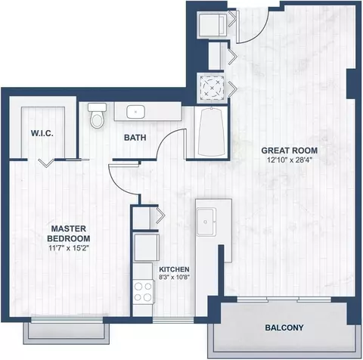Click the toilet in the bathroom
[97, 115]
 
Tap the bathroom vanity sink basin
[135, 112]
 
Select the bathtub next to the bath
[211, 133]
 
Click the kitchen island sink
[206, 222]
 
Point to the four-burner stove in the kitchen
[143, 291]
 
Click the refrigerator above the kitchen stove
[146, 248]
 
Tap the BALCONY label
[284, 327]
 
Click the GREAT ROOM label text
[290, 151]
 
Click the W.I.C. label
[42, 133]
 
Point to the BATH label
[135, 138]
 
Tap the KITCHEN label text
[174, 269]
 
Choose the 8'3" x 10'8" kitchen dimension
[174, 278]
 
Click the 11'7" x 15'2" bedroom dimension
[69, 248]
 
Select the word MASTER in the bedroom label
[69, 228]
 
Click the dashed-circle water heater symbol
[212, 88]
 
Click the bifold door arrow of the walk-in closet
[46, 163]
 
